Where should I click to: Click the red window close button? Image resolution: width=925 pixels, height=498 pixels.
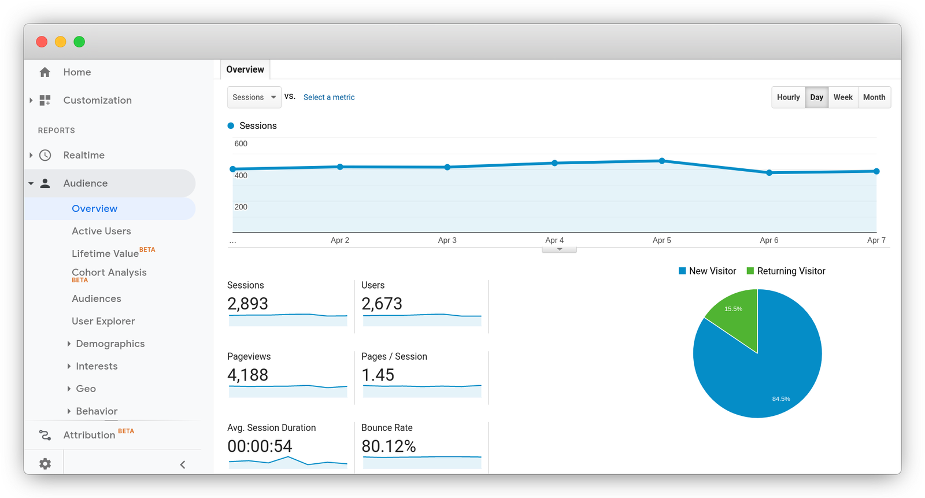coord(42,42)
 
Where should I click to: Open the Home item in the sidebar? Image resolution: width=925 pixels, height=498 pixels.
coord(77,72)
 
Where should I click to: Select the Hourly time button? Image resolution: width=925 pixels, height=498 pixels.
coord(788,97)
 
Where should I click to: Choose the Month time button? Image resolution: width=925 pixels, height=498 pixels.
coord(874,97)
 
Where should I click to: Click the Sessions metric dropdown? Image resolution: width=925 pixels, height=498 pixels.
coord(254,97)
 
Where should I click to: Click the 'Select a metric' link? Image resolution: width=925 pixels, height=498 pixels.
coord(329,97)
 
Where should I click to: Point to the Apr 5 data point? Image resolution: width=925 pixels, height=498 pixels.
coord(662,161)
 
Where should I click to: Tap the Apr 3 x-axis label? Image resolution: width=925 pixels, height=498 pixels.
coord(447,240)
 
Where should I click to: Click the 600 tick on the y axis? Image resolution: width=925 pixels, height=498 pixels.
coord(240,143)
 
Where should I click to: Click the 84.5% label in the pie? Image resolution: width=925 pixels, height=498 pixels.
coord(780,399)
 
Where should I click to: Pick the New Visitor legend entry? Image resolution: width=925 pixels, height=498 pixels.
coord(707,271)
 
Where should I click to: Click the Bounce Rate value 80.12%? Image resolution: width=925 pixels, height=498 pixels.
coord(388,447)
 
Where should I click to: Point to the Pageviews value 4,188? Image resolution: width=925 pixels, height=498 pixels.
coord(247,375)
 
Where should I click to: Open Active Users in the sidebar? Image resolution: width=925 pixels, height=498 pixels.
coord(101,231)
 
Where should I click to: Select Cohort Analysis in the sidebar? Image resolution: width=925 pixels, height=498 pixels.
coord(109,272)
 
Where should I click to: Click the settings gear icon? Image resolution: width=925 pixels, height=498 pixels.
coord(45,464)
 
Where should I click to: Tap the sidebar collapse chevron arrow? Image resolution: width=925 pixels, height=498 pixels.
coord(183,464)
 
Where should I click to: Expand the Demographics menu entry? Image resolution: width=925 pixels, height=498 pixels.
coord(110,344)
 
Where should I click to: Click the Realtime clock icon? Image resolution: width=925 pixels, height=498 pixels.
coord(45,155)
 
